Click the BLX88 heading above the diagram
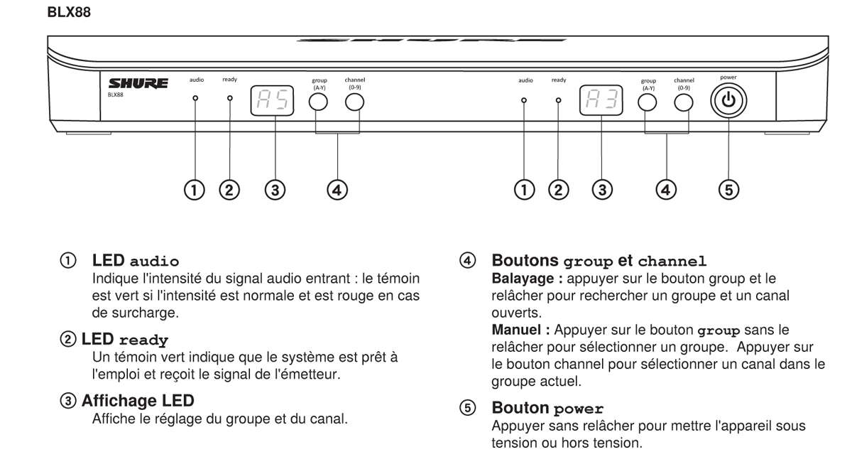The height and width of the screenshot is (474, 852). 68,13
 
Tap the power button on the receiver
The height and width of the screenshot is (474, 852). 728,101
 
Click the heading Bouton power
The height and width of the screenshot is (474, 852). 547,408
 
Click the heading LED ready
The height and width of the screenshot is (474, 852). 125,340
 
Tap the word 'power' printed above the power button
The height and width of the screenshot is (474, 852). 728,77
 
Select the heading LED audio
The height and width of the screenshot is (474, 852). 136,261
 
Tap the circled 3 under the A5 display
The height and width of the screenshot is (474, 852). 274,190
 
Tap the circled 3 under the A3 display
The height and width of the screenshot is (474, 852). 602,190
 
